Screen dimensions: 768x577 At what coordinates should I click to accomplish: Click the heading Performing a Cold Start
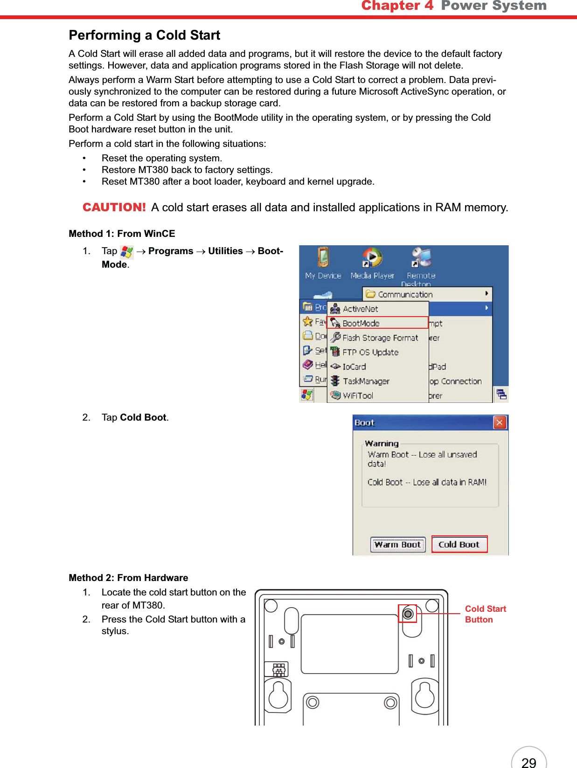[x=144, y=35]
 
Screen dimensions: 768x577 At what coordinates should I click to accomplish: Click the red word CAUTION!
[x=114, y=208]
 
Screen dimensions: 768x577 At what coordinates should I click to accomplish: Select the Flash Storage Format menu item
[x=380, y=338]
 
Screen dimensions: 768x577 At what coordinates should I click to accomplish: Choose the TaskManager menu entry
[x=366, y=381]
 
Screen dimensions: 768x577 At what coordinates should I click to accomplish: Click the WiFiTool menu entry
[x=358, y=395]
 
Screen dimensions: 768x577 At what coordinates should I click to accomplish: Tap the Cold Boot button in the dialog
[x=459, y=544]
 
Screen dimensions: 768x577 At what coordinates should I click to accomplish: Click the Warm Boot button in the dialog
[x=398, y=544]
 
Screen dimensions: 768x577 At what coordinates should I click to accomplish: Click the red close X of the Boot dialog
[x=500, y=422]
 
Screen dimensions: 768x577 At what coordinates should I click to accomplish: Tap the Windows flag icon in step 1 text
[x=126, y=252]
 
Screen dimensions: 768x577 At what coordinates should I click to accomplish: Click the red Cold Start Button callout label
[x=485, y=614]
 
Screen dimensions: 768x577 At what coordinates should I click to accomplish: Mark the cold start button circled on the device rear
[x=408, y=614]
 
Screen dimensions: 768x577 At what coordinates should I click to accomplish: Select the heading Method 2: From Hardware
[x=128, y=578]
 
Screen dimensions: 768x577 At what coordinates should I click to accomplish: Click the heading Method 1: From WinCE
[x=122, y=234]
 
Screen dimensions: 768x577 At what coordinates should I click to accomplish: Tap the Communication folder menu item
[x=405, y=294]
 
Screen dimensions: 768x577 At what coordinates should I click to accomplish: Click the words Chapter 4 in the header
[x=397, y=6]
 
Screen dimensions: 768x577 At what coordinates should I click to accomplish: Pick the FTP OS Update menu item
[x=370, y=352]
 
